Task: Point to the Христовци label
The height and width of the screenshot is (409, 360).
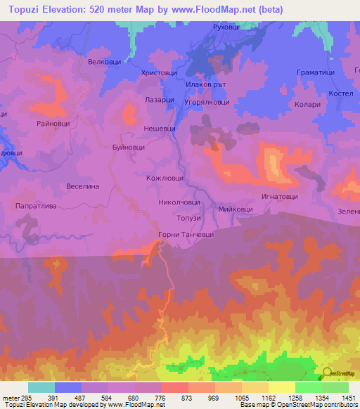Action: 160,72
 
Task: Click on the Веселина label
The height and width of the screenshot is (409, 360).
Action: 83,186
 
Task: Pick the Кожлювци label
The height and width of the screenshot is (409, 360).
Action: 164,178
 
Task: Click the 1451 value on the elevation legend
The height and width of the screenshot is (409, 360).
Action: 349,398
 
